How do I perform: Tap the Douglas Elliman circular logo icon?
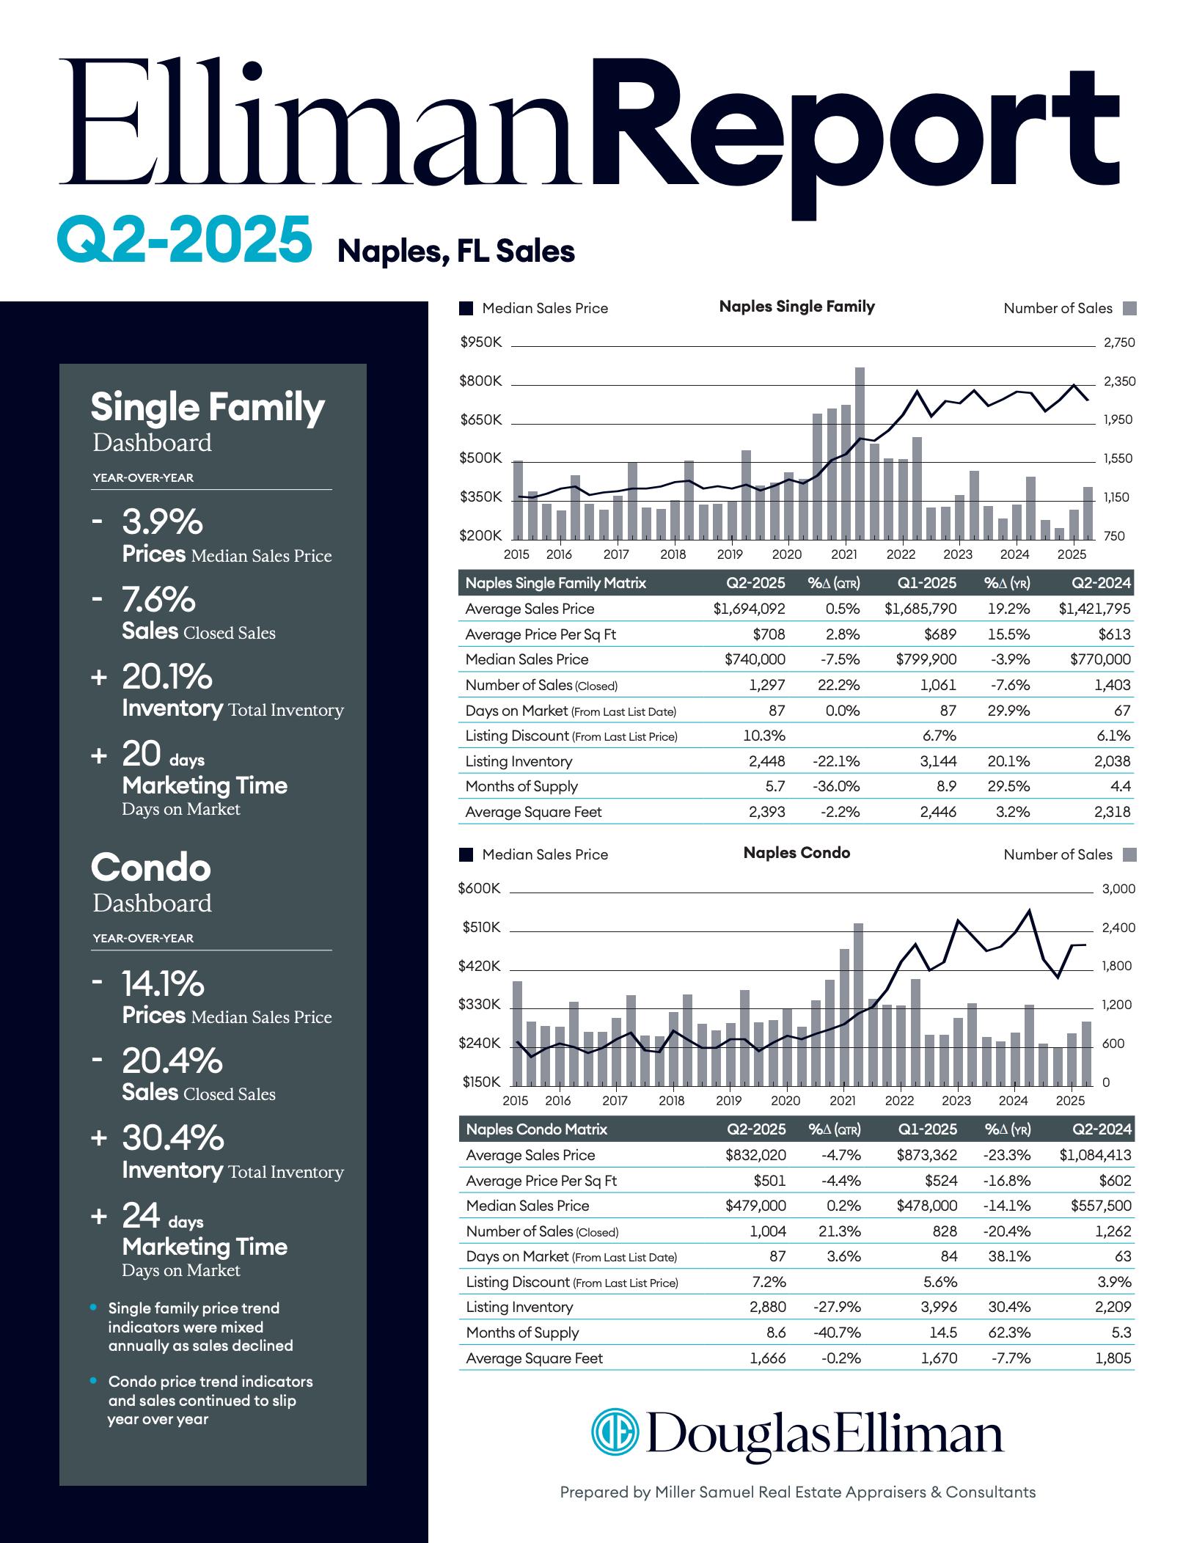pos(615,1431)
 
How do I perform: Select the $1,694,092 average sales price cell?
pos(749,609)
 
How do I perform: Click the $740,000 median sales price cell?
pos(755,659)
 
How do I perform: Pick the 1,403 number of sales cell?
pos(1112,685)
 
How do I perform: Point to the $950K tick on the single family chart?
pos(480,342)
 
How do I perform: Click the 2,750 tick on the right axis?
pos(1119,342)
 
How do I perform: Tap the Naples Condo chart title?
pos(796,853)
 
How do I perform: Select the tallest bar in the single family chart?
pos(860,452)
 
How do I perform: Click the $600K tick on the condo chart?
pos(479,889)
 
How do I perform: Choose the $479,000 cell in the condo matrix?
pos(755,1206)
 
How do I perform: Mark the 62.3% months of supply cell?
pos(1009,1333)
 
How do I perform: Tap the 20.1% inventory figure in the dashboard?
pos(167,676)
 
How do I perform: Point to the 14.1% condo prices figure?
pos(163,983)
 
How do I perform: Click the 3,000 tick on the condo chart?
pos(1118,889)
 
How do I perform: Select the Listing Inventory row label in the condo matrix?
pos(519,1307)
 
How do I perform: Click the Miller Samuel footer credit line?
pos(797,1492)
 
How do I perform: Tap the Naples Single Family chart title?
pos(796,307)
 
